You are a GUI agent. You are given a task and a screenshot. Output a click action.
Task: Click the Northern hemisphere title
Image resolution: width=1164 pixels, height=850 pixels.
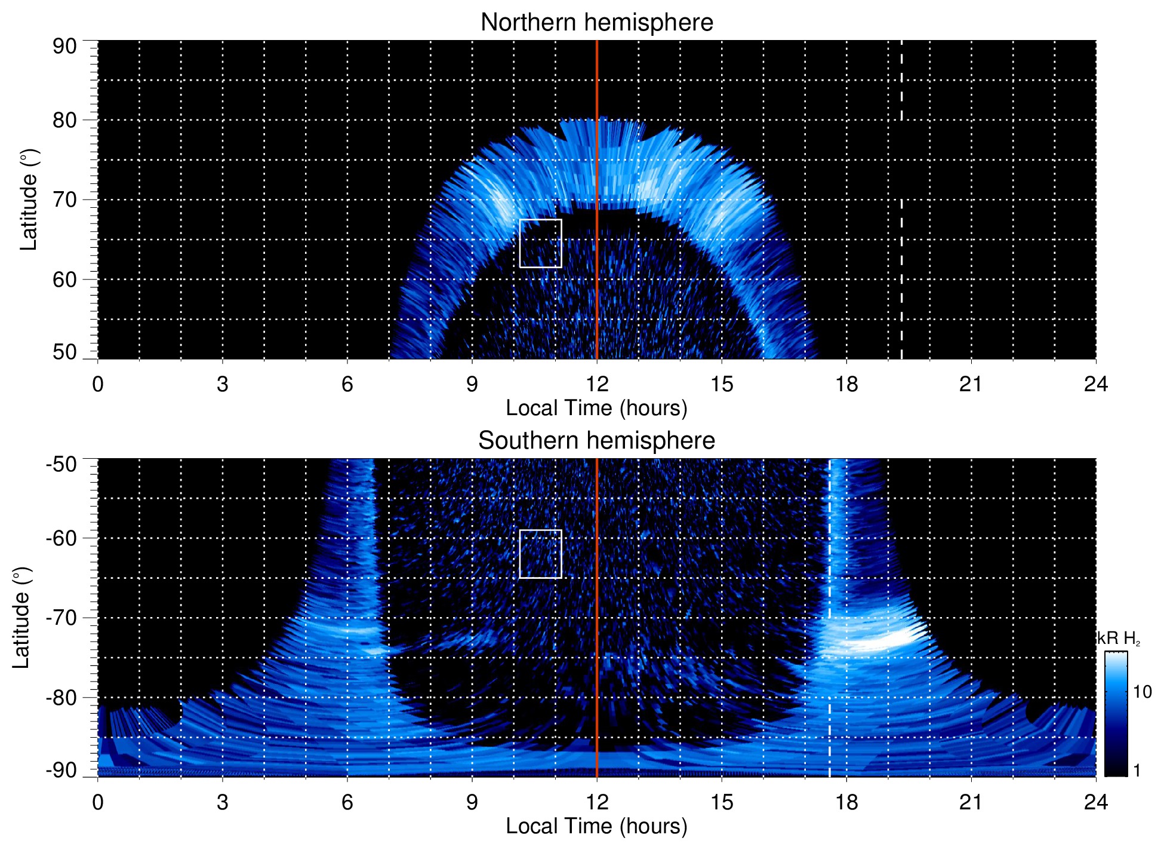point(596,23)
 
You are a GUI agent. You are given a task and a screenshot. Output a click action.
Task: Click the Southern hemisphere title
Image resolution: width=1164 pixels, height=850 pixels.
point(596,441)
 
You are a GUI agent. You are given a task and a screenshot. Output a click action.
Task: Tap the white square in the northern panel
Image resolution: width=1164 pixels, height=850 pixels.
point(540,243)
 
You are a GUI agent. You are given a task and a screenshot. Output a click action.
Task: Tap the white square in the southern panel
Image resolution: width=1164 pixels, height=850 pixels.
point(540,554)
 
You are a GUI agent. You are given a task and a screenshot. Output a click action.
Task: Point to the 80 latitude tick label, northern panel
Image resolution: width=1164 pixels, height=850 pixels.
point(64,120)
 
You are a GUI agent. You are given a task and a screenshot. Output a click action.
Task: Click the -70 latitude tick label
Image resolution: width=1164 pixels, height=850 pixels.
point(61,618)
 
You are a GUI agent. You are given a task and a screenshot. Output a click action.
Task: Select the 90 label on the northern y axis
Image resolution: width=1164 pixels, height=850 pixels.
point(64,46)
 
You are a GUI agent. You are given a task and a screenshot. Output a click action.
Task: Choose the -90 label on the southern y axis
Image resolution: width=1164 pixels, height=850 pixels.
point(61,770)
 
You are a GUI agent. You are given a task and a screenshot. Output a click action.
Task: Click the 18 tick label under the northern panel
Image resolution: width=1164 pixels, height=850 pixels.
point(846,384)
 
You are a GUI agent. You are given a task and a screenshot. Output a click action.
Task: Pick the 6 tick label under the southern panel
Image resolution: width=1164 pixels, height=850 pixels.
point(347,802)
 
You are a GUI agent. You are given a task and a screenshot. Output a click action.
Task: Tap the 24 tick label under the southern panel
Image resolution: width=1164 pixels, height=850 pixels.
point(1095,802)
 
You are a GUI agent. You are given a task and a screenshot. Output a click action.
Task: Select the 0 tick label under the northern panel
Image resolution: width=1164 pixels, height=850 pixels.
point(98,384)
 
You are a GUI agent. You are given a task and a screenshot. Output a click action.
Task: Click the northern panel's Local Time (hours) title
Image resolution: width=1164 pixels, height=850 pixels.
point(596,408)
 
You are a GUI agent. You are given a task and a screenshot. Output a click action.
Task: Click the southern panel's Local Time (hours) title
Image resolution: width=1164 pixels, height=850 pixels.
point(596,826)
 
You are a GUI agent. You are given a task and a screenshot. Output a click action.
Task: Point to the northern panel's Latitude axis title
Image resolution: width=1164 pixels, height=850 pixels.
point(29,200)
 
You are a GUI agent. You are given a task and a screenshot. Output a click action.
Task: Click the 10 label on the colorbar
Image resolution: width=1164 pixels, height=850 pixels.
point(1142,692)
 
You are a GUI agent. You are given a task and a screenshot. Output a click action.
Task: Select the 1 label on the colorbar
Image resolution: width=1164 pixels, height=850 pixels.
point(1137,770)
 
